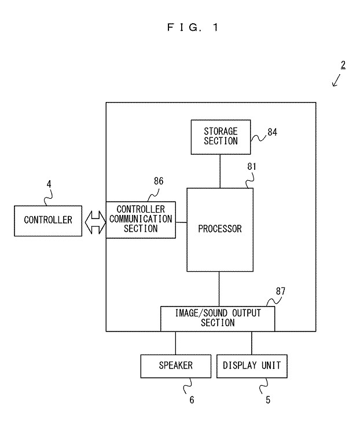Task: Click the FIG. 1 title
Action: point(193,27)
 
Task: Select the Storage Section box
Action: point(220,137)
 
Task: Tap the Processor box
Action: point(219,229)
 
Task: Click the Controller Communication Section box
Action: point(141,220)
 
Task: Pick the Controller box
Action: point(48,220)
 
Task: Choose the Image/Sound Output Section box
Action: point(218,318)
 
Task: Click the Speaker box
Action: point(175,366)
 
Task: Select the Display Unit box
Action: point(251,366)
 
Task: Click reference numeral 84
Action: point(272,133)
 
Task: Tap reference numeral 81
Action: point(252,167)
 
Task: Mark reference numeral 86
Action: point(159,181)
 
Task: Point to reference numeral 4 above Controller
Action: point(49,184)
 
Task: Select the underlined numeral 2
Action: point(343,64)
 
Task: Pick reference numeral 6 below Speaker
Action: point(192,400)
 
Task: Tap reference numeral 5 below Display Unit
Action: point(267,400)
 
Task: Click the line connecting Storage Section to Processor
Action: point(220,171)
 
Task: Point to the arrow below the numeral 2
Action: point(337,80)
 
